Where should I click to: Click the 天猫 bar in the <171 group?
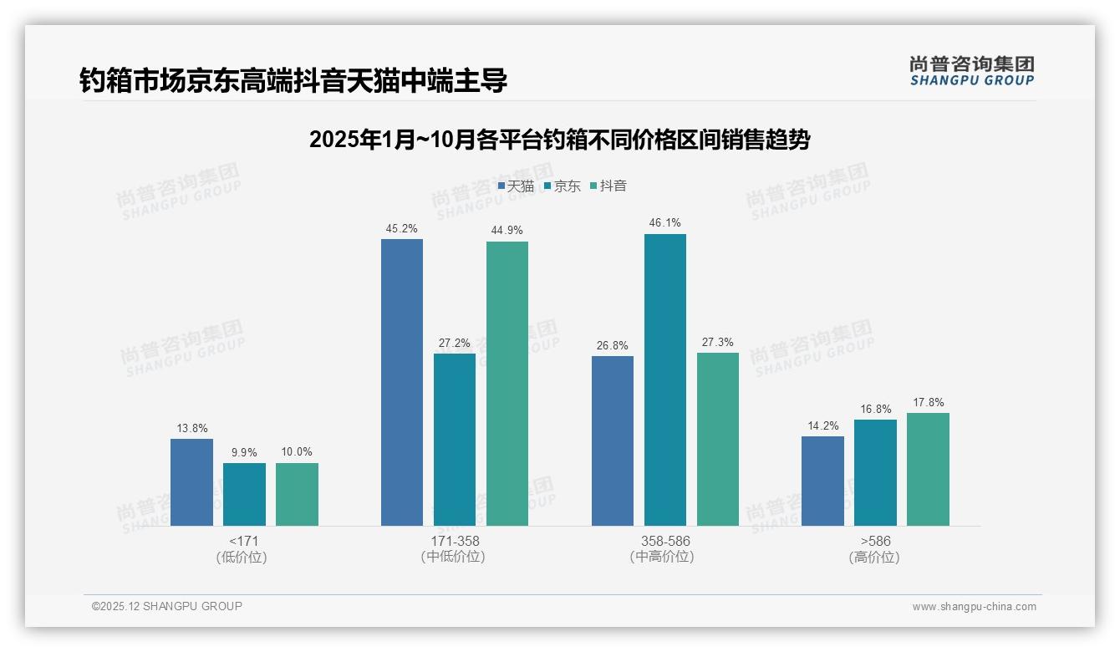click(x=191, y=482)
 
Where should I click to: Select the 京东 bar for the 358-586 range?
click(x=665, y=379)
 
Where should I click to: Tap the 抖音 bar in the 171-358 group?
click(x=507, y=384)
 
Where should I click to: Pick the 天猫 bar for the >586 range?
click(x=822, y=481)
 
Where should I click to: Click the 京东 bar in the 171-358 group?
click(x=455, y=440)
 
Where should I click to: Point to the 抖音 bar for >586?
click(x=928, y=469)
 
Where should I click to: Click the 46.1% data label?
click(x=665, y=223)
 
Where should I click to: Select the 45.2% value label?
click(x=402, y=228)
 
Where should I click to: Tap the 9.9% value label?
click(x=244, y=452)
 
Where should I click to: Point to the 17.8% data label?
click(x=928, y=402)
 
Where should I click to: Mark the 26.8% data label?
click(x=613, y=345)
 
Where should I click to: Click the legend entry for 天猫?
click(x=516, y=186)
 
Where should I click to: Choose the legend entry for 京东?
click(x=562, y=186)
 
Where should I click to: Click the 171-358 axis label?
click(x=455, y=541)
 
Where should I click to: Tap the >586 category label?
click(x=874, y=541)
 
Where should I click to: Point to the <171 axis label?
click(x=243, y=541)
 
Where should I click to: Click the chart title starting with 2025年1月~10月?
click(x=559, y=140)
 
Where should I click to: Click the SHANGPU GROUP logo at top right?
click(x=971, y=71)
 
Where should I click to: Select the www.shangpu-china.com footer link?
click(x=974, y=607)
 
